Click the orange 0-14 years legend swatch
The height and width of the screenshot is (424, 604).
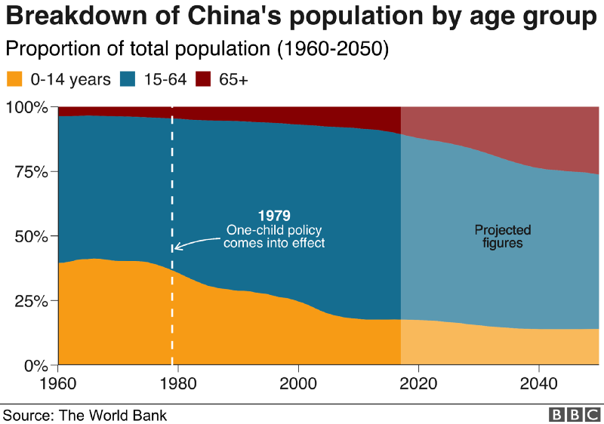14,79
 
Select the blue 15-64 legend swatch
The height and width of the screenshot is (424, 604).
129,79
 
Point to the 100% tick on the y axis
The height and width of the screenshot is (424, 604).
27,107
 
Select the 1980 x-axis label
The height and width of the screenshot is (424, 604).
179,382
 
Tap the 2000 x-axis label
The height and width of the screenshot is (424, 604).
299,382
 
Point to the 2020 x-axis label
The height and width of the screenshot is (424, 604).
419,382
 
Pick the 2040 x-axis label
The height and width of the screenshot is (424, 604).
539,382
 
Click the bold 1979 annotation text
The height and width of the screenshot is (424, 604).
274,215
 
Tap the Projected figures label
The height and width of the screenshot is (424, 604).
502,237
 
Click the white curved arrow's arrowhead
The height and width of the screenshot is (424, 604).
177,246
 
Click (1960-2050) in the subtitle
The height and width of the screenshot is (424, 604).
332,50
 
